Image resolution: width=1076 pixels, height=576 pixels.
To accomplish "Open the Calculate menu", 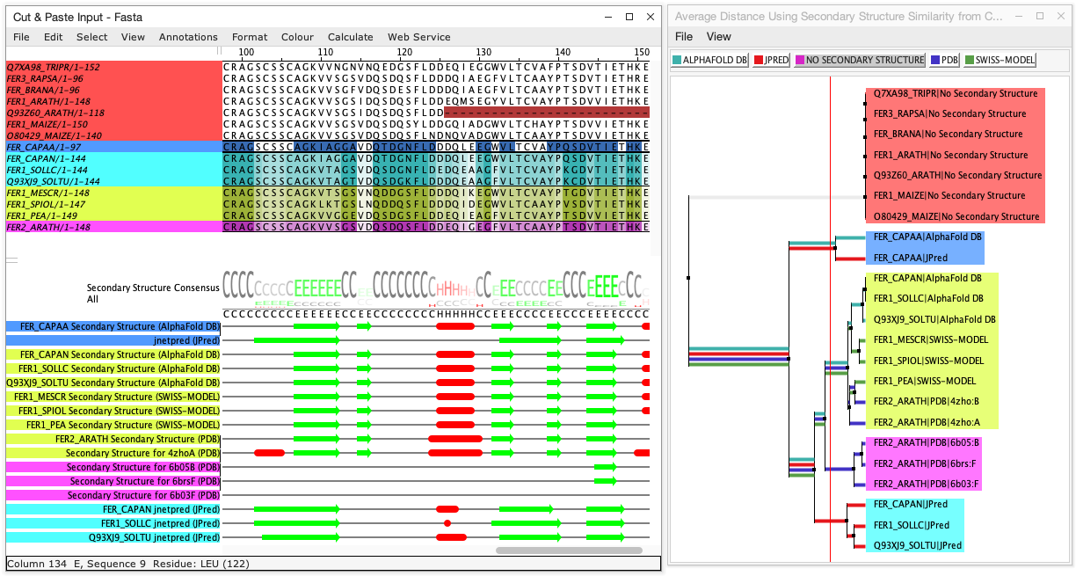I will (x=350, y=37).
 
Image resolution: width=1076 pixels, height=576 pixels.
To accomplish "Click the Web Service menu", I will (x=418, y=37).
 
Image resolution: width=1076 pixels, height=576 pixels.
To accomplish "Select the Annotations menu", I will (x=188, y=37).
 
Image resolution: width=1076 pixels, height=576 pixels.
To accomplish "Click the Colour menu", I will (x=297, y=37).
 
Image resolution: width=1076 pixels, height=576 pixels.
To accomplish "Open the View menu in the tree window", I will (x=718, y=37).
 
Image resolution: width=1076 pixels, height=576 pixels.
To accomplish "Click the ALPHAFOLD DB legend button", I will (x=709, y=60).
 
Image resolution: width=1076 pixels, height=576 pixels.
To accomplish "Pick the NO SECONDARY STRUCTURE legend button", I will (x=860, y=60).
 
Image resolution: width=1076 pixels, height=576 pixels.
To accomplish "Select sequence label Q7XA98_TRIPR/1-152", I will (x=53, y=67).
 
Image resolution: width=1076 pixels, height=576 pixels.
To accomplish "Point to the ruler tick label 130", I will (x=483, y=52).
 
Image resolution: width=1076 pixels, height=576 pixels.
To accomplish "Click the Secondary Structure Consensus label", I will (x=152, y=288).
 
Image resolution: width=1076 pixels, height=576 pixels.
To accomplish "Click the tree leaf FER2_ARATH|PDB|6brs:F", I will (x=925, y=463).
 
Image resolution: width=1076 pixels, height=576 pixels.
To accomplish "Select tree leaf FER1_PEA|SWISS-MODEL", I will (x=924, y=381).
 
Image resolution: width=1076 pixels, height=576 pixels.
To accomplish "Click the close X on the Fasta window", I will (x=650, y=17).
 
